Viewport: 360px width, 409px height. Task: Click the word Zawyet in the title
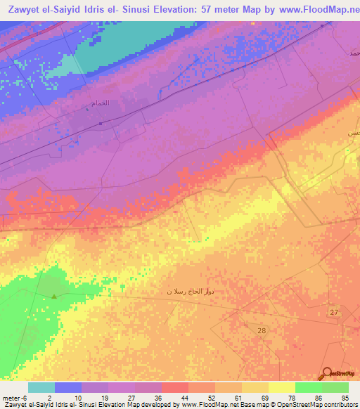pos(22,10)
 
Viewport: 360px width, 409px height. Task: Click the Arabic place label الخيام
pos(101,103)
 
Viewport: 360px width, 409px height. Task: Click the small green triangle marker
pos(53,296)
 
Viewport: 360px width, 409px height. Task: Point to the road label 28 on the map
pos(262,330)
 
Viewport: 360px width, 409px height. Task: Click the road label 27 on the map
pos(334,312)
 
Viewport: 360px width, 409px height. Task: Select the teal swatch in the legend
pos(41,387)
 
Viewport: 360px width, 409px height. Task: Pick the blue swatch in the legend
pos(67,387)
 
